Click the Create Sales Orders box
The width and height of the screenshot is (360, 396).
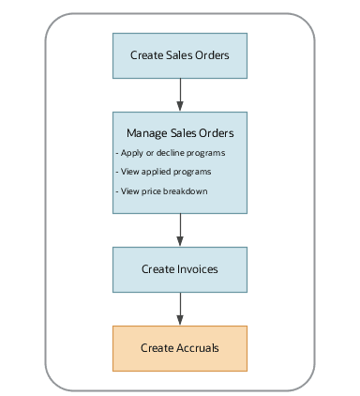click(x=180, y=55)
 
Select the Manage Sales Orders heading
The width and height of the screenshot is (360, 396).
click(x=180, y=131)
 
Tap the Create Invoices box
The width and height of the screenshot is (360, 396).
click(x=180, y=269)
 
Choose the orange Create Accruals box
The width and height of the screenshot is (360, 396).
click(x=180, y=348)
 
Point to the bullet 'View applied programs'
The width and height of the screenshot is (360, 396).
click(x=163, y=172)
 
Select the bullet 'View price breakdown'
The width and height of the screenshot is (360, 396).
click(x=160, y=191)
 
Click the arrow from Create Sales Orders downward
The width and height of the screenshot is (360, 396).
click(x=180, y=94)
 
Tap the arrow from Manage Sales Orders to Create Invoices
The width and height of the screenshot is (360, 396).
click(x=180, y=230)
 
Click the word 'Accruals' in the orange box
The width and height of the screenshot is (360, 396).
click(x=197, y=348)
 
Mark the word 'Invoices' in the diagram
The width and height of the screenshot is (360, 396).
click(x=197, y=269)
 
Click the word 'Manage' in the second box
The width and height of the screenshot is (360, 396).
click(x=134, y=131)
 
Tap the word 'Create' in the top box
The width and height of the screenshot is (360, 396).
click(x=146, y=55)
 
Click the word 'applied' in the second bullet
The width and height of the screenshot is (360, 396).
click(x=154, y=172)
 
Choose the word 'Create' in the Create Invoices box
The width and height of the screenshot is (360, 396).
click(x=157, y=269)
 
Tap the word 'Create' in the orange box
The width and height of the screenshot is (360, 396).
click(x=157, y=348)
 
